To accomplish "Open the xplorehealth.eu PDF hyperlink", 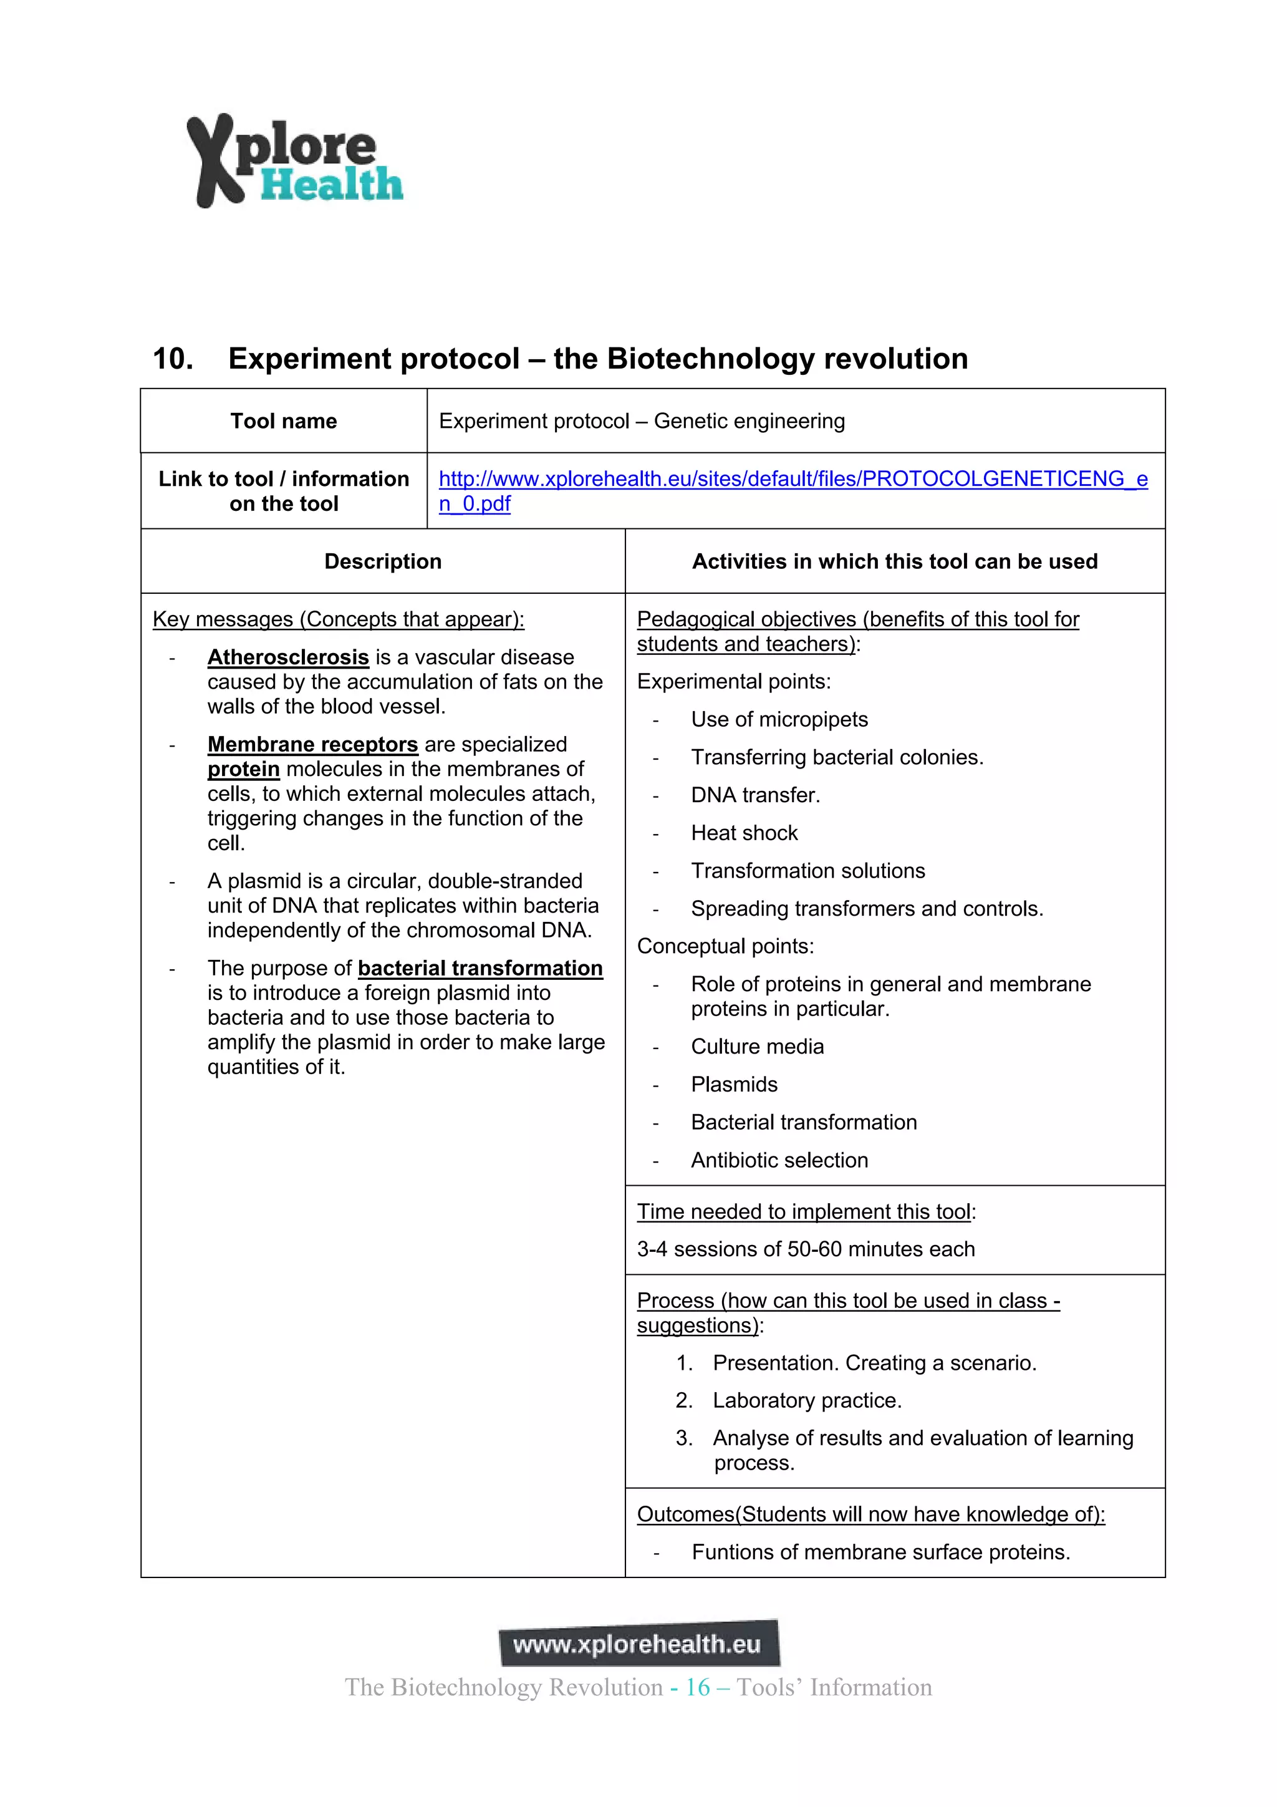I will click(793, 479).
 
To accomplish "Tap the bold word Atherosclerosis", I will click(288, 657).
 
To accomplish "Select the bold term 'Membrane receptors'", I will click(312, 745).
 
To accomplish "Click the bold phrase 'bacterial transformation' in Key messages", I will click(480, 968).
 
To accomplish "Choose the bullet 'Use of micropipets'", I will click(779, 719).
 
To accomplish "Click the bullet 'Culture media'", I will click(757, 1047).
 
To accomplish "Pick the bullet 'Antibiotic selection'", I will click(779, 1160).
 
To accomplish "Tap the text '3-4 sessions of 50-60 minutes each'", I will click(805, 1249).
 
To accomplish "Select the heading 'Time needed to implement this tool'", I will click(803, 1211).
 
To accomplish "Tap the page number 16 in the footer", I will click(697, 1687).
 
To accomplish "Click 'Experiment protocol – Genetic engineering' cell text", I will click(641, 421).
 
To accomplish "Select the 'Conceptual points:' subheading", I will click(725, 946).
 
